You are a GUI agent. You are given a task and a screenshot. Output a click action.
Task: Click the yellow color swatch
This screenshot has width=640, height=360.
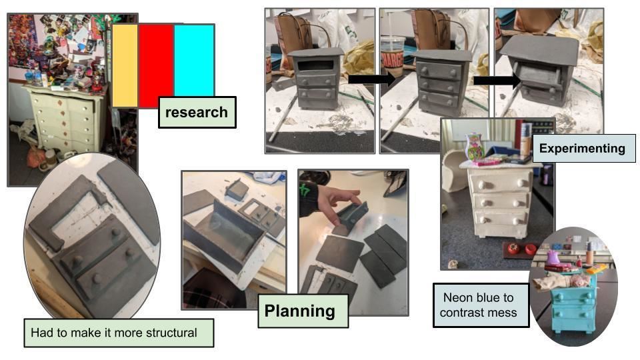tap(125, 65)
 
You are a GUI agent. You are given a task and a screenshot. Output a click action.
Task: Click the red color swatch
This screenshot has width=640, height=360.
tap(156, 65)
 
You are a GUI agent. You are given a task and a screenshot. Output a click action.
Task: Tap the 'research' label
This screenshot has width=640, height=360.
tap(197, 112)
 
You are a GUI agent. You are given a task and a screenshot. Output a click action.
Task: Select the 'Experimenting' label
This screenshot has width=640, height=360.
tap(582, 148)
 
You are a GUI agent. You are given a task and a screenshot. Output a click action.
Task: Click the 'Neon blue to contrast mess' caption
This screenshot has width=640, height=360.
tap(481, 305)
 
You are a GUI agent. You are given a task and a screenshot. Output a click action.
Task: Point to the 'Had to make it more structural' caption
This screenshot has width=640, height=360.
tap(119, 332)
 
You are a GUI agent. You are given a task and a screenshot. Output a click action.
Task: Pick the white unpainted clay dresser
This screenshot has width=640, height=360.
tap(501, 200)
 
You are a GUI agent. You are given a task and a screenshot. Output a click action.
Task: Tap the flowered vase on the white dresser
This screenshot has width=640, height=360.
tap(475, 147)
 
